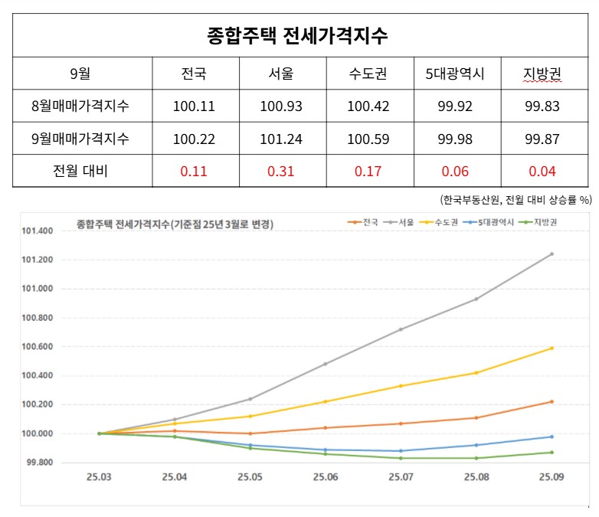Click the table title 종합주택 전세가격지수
tap(297, 36)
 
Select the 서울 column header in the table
tap(281, 74)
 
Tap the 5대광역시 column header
tap(455, 74)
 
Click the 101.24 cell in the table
tap(281, 139)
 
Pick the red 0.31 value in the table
tap(281, 172)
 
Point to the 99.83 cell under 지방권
tap(542, 106)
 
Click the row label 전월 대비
tap(80, 171)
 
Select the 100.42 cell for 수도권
tap(368, 106)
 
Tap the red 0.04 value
tap(542, 172)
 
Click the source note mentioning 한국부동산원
tap(516, 199)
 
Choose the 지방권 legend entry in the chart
tap(538, 222)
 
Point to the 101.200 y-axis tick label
tap(37, 260)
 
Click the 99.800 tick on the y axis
tap(40, 463)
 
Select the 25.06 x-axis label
tap(326, 477)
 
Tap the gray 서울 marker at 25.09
tap(552, 254)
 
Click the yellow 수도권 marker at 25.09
tap(552, 348)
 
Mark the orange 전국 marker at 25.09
tap(552, 401)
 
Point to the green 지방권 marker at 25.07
tap(401, 458)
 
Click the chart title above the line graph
tap(175, 224)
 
